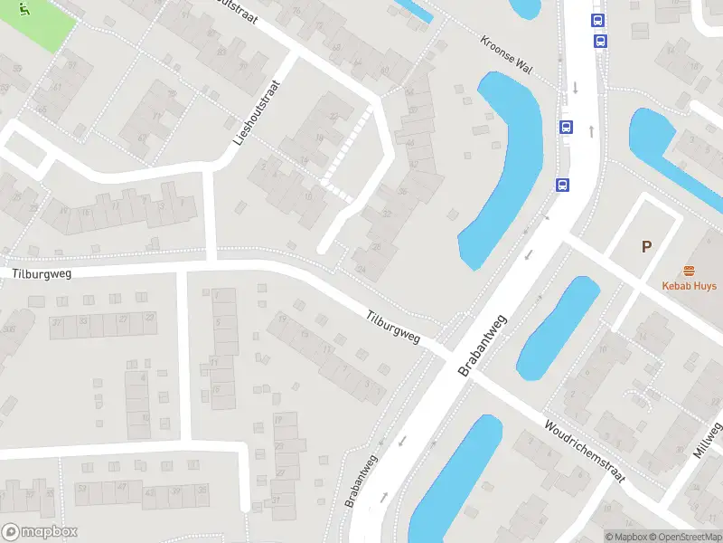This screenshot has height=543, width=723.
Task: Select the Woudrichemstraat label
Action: tap(584, 451)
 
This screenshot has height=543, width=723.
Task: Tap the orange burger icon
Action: tap(689, 271)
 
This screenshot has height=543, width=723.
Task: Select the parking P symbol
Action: tap(646, 246)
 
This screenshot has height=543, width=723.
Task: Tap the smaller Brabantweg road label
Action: tap(361, 480)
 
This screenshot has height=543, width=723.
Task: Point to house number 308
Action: tap(8, 330)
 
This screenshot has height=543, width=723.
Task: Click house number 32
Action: tap(386, 214)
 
